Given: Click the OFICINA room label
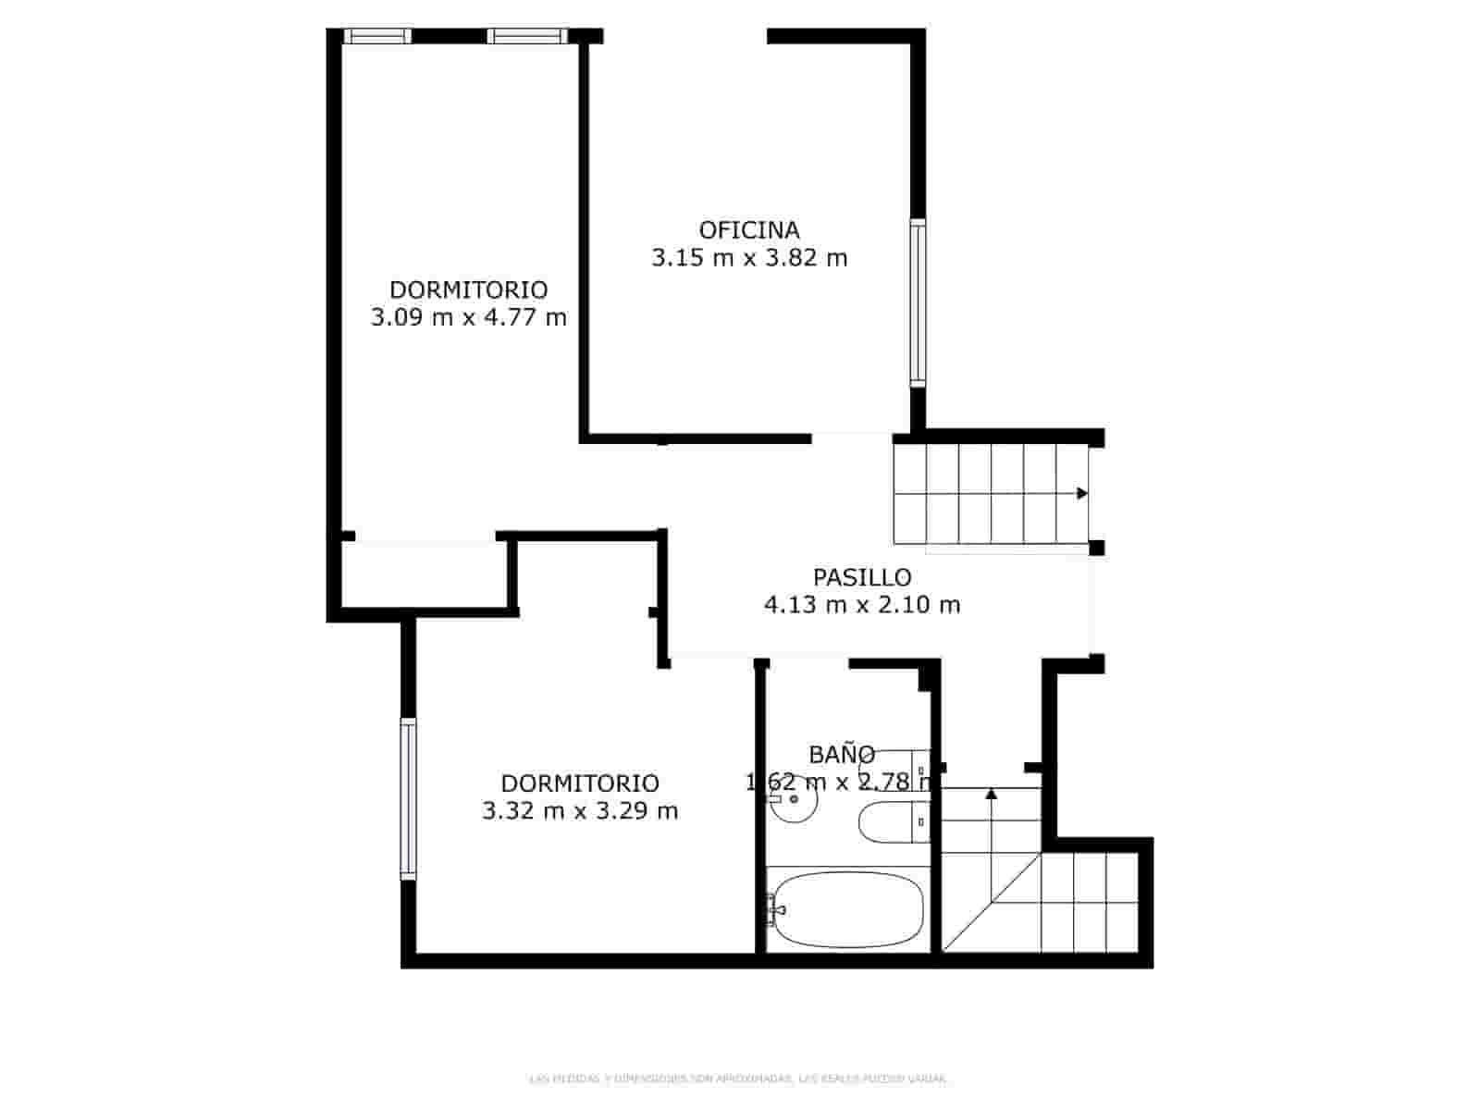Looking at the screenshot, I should click(x=749, y=229).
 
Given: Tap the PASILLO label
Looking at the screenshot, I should click(x=862, y=577).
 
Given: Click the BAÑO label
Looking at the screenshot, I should click(x=842, y=755).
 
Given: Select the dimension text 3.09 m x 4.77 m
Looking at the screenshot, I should click(x=468, y=318).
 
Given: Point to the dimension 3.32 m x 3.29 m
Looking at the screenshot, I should click(x=580, y=811).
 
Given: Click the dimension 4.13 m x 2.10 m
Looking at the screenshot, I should click(x=862, y=605).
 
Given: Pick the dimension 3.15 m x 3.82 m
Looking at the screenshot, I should click(x=749, y=258).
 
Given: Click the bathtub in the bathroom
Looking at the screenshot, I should click(x=846, y=908).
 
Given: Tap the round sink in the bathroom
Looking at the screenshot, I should click(x=792, y=799).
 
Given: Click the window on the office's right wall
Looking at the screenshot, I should click(x=917, y=302).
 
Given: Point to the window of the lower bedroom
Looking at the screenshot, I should click(x=408, y=798).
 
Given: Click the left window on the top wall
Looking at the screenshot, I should click(x=377, y=36).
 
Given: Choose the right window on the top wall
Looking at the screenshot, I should click(x=526, y=36).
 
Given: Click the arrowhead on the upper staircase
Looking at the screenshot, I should click(x=1081, y=494).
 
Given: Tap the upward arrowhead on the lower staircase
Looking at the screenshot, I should click(x=992, y=793).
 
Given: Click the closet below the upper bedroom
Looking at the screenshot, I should click(x=424, y=574).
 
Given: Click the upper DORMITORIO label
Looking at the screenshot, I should click(x=468, y=290).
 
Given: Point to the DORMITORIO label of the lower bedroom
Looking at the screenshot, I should click(x=580, y=783).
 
